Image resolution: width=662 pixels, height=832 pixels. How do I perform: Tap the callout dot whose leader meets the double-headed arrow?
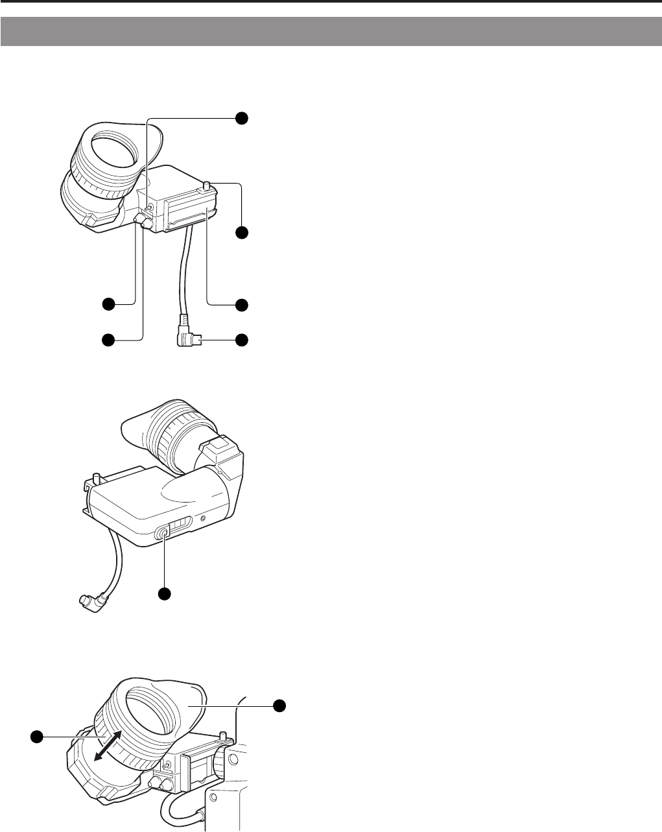38,736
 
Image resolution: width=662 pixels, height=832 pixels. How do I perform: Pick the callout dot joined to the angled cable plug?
241,339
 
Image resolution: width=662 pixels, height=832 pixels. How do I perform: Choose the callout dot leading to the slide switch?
164,593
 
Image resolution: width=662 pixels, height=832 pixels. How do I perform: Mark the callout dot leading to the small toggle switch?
241,117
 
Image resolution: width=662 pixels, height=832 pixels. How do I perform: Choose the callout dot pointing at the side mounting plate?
241,303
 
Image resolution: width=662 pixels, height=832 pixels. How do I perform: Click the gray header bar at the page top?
331,32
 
